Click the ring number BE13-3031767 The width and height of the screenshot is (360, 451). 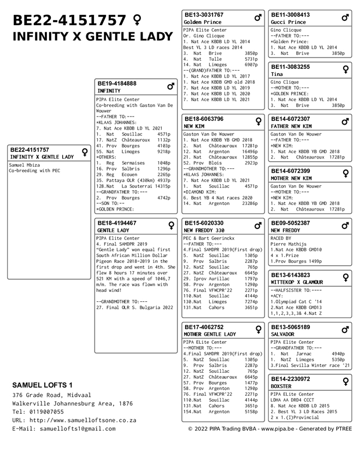point(204,15)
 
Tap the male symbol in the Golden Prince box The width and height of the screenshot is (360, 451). point(258,18)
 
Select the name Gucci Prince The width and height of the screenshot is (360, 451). point(289,22)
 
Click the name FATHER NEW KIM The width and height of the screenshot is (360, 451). point(291,126)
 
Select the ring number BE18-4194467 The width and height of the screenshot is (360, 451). point(117,223)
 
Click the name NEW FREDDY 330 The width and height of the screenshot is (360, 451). point(204,231)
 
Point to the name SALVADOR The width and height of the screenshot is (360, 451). point(282,334)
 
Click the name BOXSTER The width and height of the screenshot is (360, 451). point(281,386)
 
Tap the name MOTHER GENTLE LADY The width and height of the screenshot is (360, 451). point(210,334)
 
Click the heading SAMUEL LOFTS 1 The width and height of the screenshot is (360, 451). point(42,385)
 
